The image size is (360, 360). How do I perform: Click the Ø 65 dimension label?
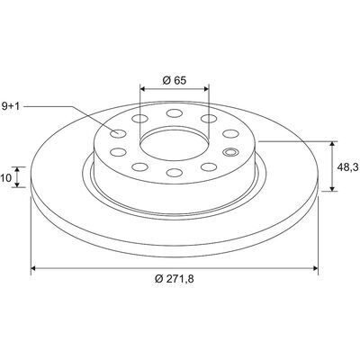pyautogui.click(x=175, y=80)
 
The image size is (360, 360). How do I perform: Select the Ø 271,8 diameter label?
pyautogui.click(x=175, y=279)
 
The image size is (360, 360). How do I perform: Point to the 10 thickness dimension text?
pyautogui.click(x=6, y=177)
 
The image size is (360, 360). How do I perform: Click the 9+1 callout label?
pyautogui.click(x=11, y=106)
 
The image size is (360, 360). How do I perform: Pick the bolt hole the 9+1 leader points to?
pyautogui.click(x=118, y=133)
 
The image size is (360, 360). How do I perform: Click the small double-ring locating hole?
pyautogui.click(x=230, y=152)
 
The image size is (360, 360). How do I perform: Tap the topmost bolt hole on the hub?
pyautogui.click(x=175, y=113)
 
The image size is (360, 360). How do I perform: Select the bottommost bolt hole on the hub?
pyautogui.click(x=175, y=173)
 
